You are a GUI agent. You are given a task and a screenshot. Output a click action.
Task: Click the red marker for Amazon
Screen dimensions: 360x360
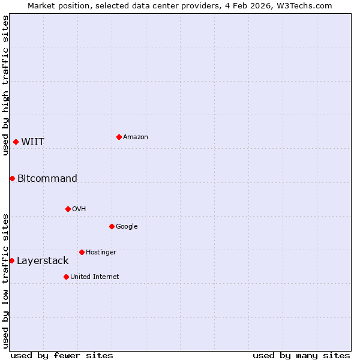119,137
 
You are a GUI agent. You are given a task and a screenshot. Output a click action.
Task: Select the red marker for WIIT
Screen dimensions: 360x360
16,142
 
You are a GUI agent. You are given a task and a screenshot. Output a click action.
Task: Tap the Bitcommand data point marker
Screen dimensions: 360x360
12,178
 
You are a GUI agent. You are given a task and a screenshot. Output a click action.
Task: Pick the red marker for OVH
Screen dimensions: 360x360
68,209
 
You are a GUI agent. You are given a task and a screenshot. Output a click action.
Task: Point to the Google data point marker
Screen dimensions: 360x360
112,226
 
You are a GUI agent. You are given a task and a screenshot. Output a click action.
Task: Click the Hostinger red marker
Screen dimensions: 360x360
82,252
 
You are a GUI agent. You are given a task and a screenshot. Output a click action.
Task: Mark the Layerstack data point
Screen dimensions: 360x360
11,260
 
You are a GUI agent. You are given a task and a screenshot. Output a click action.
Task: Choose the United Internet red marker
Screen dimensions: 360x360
66,277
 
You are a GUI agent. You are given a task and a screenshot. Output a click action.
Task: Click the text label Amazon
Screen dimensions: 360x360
136,137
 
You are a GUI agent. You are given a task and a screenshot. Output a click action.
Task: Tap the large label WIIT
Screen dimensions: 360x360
33,142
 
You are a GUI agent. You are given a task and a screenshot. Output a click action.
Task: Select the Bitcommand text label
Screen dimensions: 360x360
47,179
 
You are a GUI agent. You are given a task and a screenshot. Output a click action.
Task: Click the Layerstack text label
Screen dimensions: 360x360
43,261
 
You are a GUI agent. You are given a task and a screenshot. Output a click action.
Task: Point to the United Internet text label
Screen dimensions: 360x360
95,277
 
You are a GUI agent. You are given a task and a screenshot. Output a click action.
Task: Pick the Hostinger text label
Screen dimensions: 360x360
101,253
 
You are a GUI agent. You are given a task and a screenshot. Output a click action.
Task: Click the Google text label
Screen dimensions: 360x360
127,227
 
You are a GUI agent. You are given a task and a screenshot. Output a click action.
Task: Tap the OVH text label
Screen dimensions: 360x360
79,209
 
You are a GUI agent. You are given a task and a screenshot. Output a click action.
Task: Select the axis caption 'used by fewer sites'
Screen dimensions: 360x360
62,355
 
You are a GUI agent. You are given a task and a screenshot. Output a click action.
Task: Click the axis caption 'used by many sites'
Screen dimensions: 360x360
301,355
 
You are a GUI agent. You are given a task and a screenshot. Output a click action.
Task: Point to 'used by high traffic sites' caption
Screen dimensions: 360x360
5,85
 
